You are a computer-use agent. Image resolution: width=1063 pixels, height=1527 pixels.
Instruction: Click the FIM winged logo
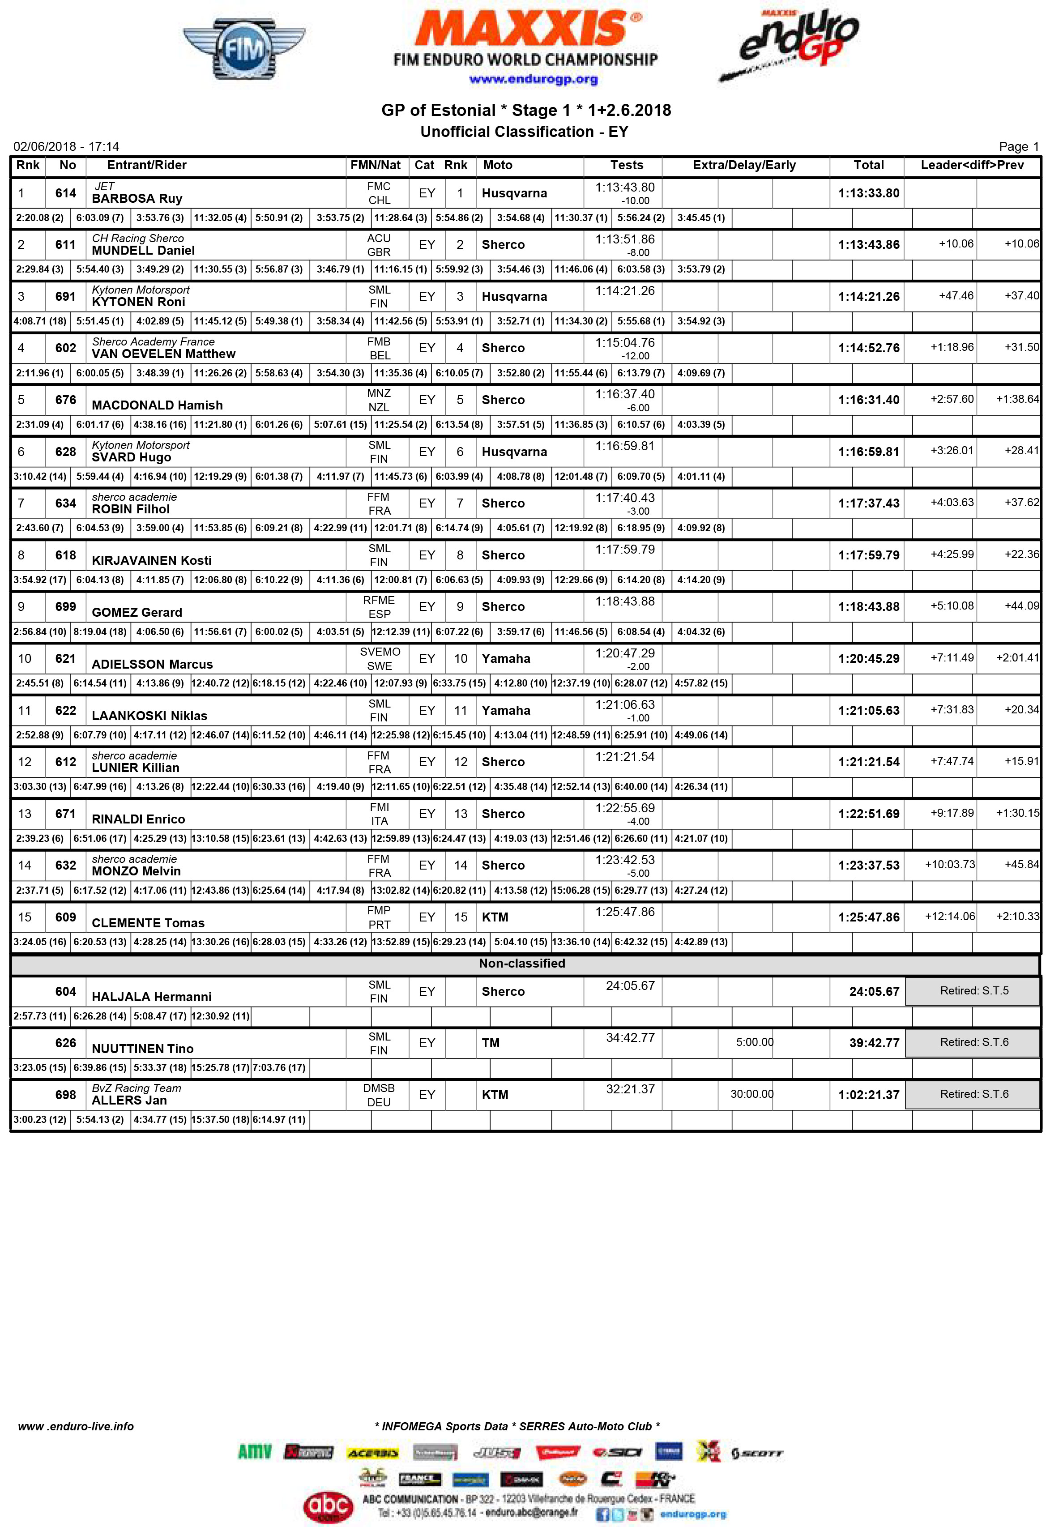(x=243, y=49)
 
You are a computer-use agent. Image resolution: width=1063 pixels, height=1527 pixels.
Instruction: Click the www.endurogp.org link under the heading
(x=533, y=79)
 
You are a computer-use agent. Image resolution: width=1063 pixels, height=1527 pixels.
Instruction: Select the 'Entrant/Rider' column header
(x=146, y=166)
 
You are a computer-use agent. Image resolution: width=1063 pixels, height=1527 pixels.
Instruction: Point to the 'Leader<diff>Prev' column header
(x=971, y=166)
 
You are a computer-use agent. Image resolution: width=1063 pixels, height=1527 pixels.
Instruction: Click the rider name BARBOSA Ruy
(x=137, y=199)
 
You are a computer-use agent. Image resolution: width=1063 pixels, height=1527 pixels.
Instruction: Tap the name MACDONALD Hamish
(x=157, y=405)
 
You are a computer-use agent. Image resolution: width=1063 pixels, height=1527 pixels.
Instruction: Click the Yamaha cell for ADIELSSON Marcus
(x=506, y=658)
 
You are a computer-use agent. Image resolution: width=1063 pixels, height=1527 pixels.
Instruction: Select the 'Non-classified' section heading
(x=521, y=964)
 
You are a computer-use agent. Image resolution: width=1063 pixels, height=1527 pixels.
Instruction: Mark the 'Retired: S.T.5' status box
(x=973, y=991)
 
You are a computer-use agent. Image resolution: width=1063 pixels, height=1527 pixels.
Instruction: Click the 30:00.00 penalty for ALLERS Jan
(x=751, y=1094)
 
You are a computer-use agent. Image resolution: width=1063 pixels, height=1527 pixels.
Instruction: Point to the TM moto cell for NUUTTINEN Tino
(x=491, y=1043)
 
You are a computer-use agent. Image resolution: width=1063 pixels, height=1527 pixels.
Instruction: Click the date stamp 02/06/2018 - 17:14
(x=66, y=146)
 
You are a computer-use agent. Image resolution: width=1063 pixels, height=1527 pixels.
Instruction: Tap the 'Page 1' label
(x=1018, y=146)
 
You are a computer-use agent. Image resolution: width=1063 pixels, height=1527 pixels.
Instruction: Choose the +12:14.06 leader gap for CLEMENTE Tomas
(x=949, y=917)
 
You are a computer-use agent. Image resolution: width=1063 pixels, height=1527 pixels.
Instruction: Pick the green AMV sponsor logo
(x=255, y=1452)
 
